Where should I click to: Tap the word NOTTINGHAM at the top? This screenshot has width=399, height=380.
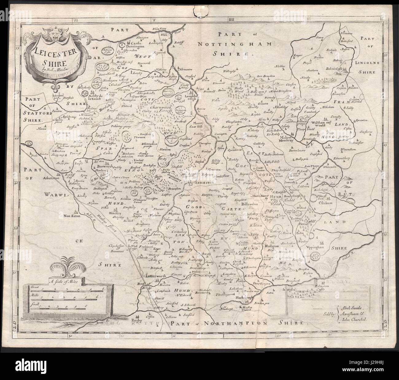pyautogui.click(x=234, y=44)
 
